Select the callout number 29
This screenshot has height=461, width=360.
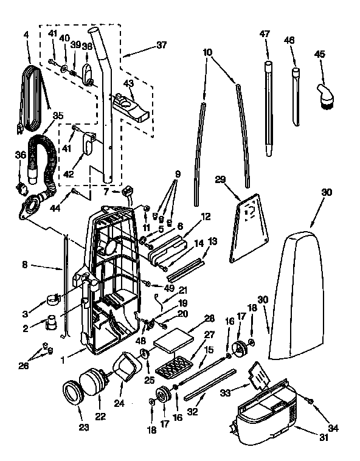(220, 179)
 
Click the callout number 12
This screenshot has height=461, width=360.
(206, 216)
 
